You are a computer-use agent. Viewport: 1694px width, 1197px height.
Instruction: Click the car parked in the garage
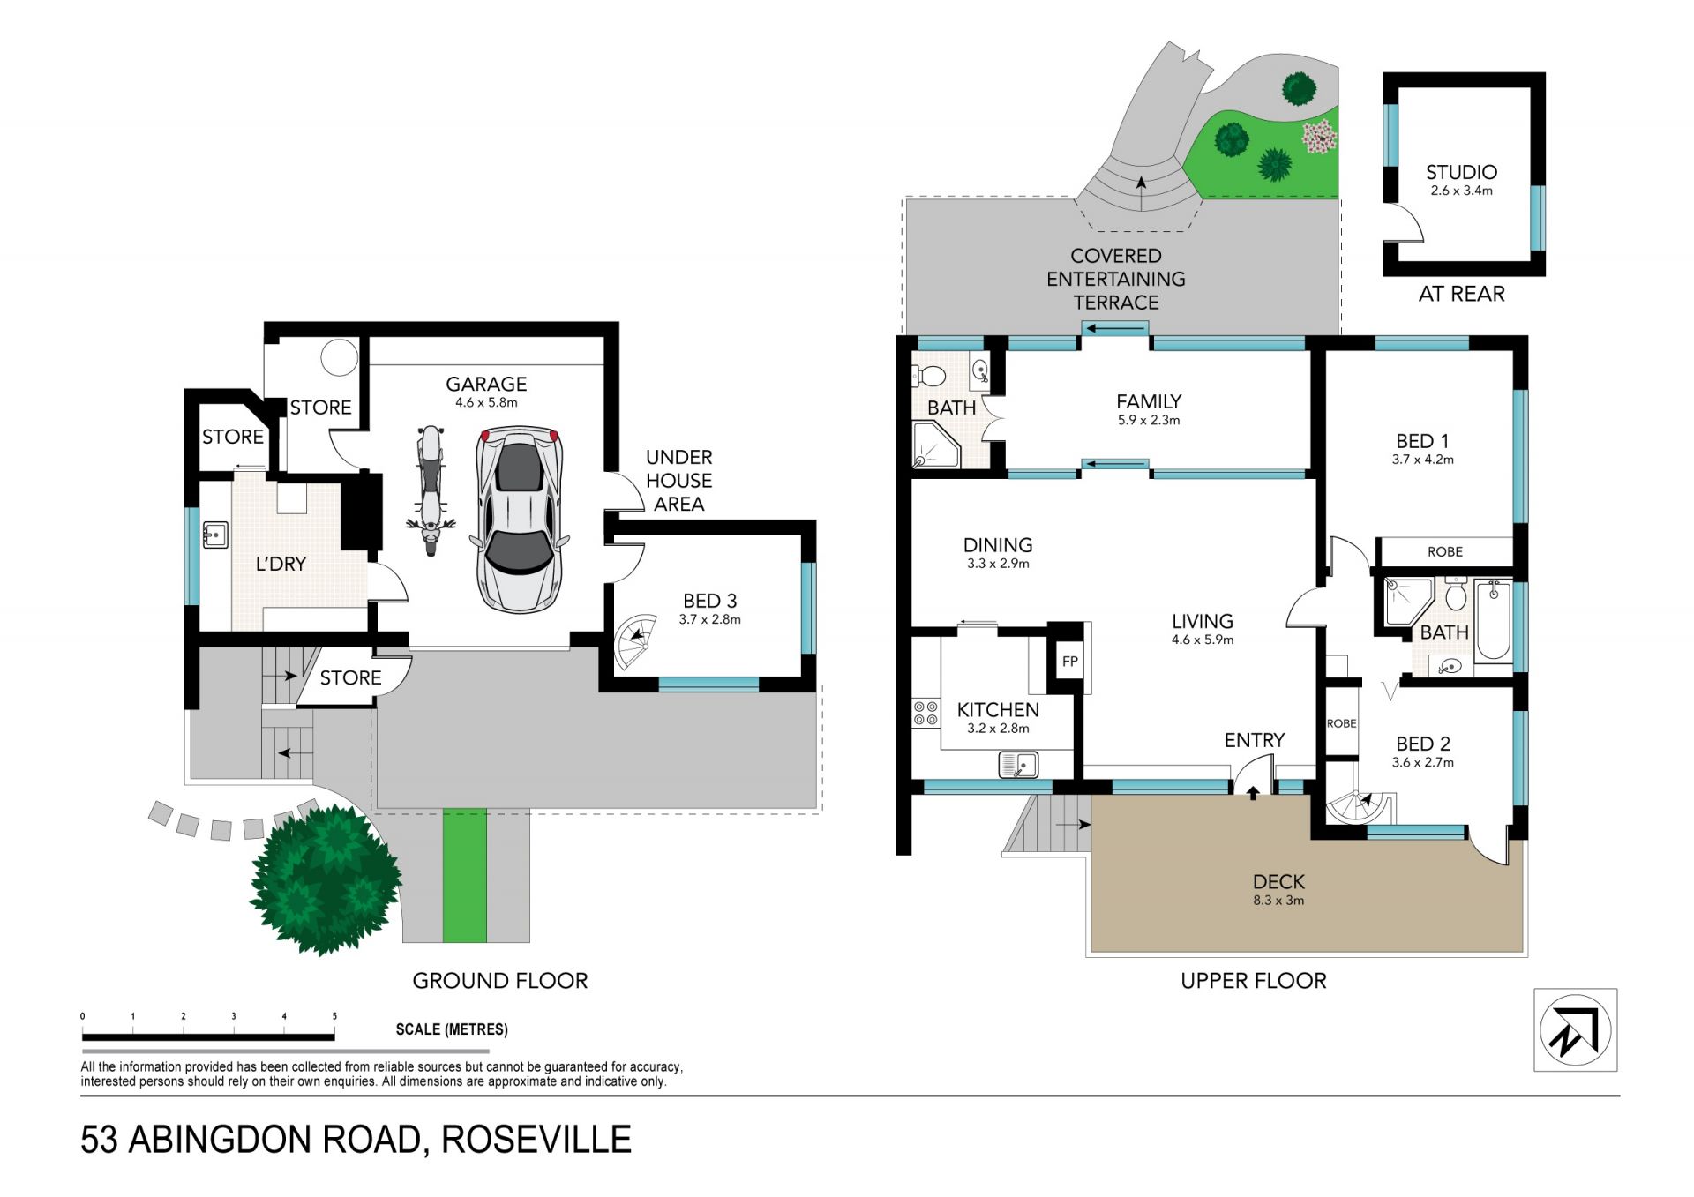pos(520,519)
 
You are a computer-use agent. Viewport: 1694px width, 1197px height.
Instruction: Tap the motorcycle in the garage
pos(431,490)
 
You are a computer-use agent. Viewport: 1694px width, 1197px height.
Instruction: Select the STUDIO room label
pos(1461,172)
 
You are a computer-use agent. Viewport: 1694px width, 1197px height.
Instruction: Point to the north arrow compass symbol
pos(1575,1029)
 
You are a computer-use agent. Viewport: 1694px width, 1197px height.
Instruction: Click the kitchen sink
pos(1018,764)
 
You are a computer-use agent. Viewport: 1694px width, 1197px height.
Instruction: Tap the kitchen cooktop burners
pos(926,714)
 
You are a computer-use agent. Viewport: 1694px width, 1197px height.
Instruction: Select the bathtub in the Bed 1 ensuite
pos(1494,619)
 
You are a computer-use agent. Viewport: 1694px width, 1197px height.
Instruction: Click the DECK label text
pos(1278,881)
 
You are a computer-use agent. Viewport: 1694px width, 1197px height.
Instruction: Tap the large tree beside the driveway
pos(326,880)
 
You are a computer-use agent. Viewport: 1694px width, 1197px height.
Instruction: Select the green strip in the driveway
pos(464,876)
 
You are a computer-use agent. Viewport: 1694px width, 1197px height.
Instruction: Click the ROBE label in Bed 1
pos(1445,551)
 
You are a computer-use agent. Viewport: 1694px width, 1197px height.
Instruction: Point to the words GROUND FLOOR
pos(500,981)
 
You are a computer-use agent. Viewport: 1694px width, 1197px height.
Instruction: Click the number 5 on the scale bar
pos(334,1016)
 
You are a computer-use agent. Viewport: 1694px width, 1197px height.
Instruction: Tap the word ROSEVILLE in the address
pos(536,1140)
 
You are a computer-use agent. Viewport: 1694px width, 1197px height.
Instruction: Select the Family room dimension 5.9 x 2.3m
pos(1149,421)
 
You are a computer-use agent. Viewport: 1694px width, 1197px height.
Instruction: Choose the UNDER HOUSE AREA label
pos(679,481)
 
